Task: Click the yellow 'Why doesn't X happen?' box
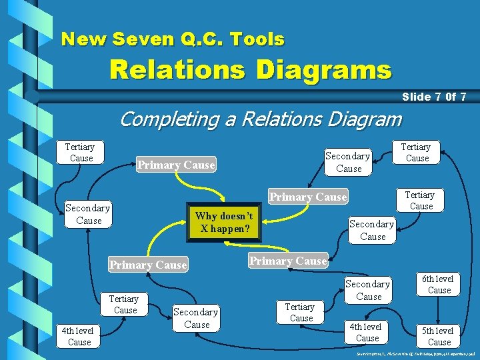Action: click(224, 222)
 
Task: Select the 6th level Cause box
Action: click(439, 284)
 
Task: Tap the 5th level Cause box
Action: click(439, 336)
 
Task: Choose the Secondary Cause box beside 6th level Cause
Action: click(368, 290)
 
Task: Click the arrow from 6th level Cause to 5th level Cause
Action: click(439, 310)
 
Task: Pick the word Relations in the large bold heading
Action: click(177, 69)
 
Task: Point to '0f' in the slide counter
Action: click(450, 97)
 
